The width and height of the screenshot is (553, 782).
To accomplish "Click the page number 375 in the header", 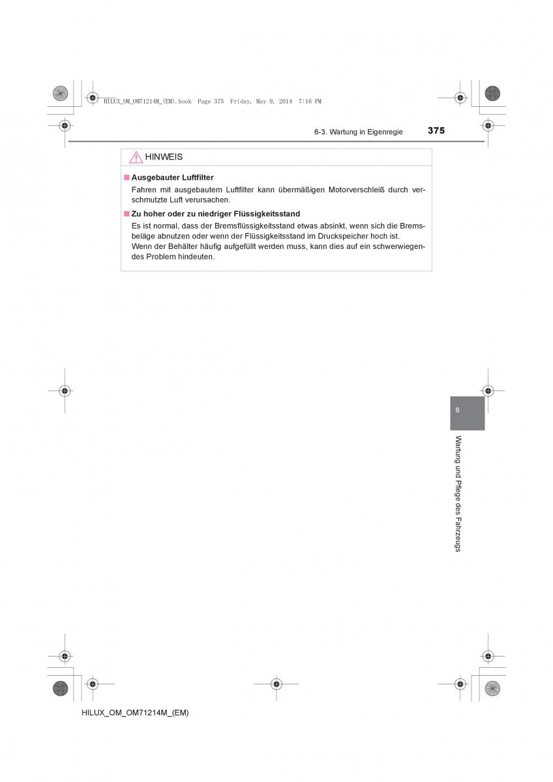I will (x=436, y=130).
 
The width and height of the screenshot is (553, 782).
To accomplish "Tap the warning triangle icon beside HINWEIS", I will (x=136, y=158).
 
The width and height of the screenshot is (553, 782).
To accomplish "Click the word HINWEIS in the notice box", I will (x=164, y=158).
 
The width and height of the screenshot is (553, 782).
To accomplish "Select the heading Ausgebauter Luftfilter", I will (x=172, y=177).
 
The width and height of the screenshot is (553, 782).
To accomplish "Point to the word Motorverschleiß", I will (x=358, y=190).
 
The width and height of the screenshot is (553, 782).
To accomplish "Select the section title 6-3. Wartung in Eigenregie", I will (x=358, y=132).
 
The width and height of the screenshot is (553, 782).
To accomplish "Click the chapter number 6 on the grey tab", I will (x=458, y=410).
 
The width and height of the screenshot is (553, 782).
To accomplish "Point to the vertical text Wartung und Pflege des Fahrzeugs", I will (x=458, y=493).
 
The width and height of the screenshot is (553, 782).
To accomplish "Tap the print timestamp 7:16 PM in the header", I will (x=310, y=102).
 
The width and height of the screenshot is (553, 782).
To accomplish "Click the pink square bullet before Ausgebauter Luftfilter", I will (x=127, y=177).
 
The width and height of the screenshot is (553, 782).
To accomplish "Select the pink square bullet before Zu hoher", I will (x=127, y=213).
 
